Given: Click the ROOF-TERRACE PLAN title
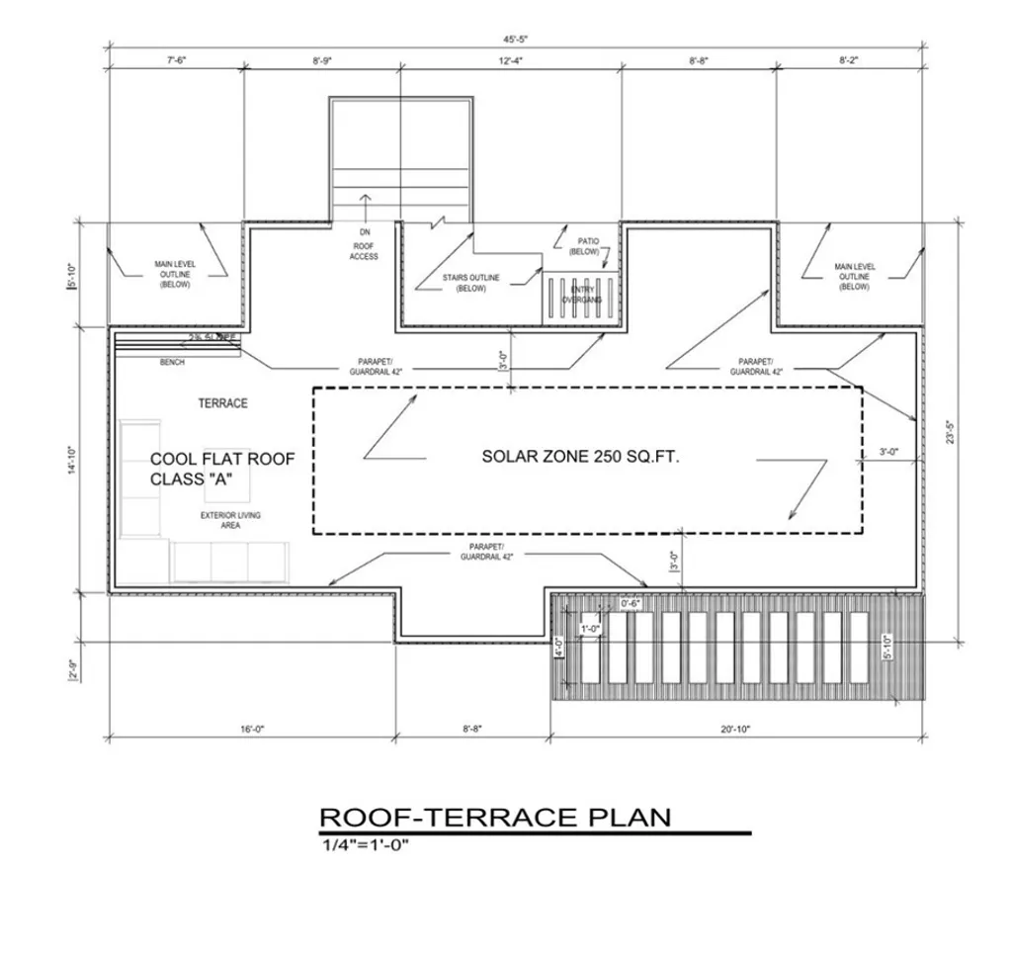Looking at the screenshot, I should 494,817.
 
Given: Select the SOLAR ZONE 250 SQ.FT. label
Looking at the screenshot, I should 580,457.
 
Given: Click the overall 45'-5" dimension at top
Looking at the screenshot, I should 515,41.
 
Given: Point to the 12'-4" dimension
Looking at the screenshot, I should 510,61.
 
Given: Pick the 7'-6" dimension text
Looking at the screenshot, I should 177,61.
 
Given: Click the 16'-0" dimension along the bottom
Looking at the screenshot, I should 251,730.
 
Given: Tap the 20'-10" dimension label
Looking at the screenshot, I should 735,730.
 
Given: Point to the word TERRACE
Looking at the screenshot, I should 222,403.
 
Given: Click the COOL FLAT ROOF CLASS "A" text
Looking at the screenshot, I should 221,469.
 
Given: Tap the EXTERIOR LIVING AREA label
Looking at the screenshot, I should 230,520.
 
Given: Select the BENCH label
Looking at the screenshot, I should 172,363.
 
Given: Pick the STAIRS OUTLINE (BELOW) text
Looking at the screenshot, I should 470,283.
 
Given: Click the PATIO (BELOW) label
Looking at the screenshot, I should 585,246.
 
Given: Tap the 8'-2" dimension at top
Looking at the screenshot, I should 848,61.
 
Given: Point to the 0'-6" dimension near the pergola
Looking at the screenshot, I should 632,602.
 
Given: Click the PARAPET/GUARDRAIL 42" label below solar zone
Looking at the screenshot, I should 481,552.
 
